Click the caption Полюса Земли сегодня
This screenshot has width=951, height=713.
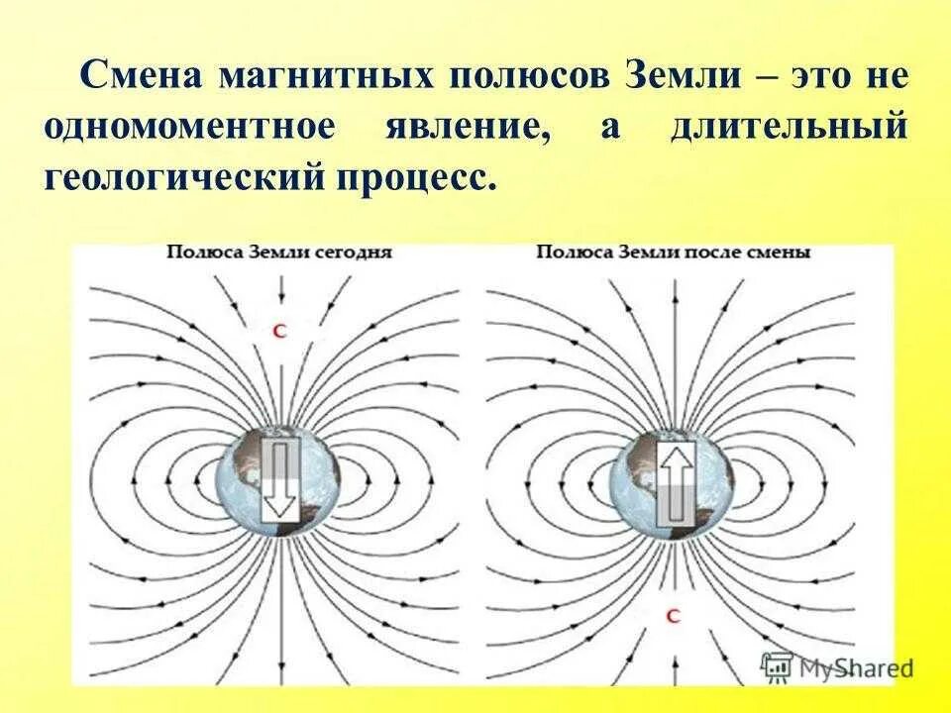pyautogui.click(x=280, y=252)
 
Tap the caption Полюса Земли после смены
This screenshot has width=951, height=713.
pyautogui.click(x=674, y=252)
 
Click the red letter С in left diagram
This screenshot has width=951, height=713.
pyautogui.click(x=279, y=333)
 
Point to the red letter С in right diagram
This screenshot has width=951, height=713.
pyautogui.click(x=674, y=616)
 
